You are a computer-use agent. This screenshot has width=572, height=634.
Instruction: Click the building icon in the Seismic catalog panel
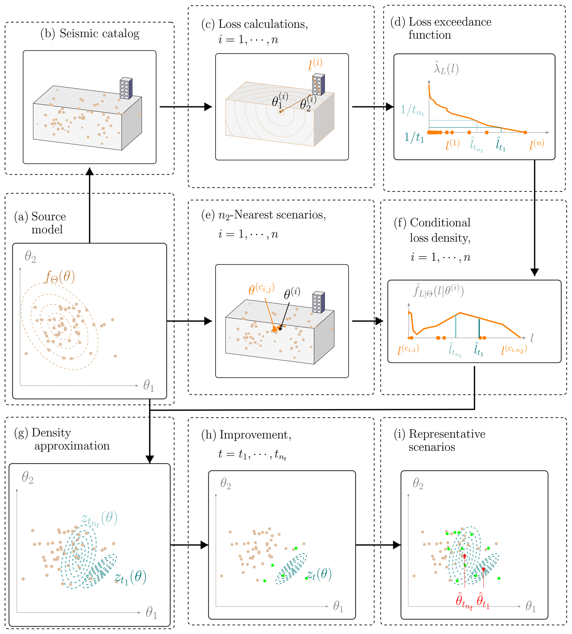126,88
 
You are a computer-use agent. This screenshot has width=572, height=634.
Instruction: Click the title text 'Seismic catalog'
99,34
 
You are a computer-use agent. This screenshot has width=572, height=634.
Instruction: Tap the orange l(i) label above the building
315,65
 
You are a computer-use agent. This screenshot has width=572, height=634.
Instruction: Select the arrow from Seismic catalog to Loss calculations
185,107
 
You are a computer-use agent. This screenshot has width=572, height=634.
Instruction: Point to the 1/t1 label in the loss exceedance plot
414,137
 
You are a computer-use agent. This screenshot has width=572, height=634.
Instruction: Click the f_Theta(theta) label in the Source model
60,277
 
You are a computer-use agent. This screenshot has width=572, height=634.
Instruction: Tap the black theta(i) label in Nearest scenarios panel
292,294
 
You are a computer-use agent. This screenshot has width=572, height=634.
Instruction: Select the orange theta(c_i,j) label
261,288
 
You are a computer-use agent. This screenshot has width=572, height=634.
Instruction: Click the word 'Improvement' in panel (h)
255,435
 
